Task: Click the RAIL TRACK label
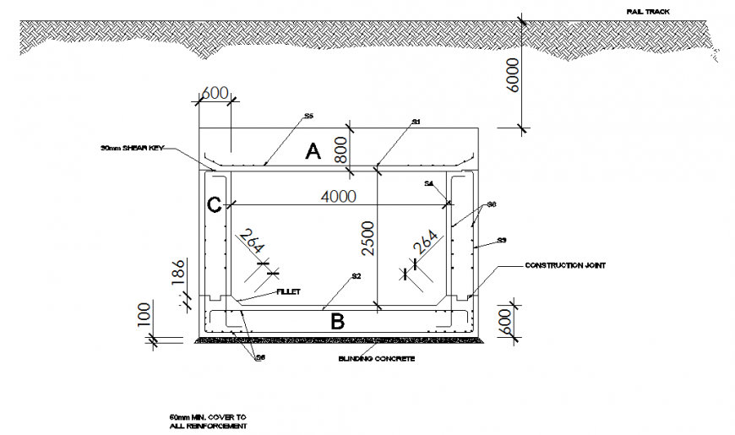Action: (649, 13)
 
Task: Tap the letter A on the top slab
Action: (313, 152)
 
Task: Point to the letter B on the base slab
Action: (336, 321)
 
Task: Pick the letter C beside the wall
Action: (215, 204)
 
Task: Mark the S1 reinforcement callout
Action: (416, 122)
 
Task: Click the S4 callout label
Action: (429, 183)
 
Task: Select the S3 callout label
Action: (501, 241)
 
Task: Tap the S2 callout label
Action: (357, 276)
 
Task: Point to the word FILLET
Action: (288, 291)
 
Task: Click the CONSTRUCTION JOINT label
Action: (565, 265)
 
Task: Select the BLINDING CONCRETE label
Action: (376, 358)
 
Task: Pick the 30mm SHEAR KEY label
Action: (130, 149)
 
